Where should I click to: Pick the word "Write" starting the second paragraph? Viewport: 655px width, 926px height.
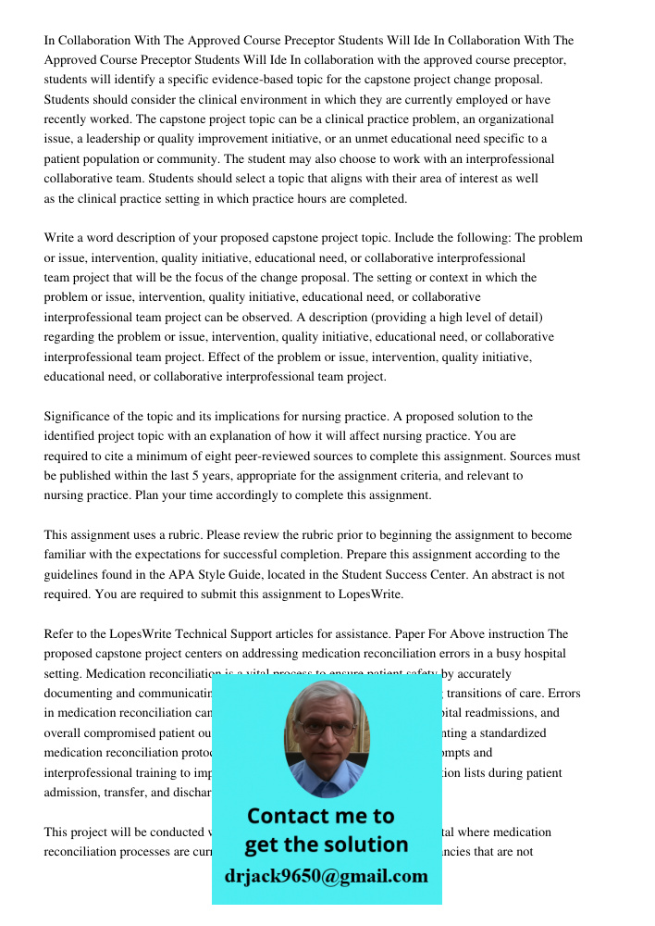(x=60, y=238)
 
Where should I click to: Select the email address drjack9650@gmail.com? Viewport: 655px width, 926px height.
(x=327, y=876)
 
